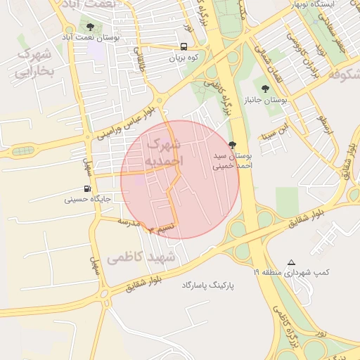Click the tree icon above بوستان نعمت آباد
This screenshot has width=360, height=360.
[89, 27]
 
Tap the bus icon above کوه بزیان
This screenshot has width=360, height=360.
[184, 48]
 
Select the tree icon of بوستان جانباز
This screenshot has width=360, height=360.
[264, 89]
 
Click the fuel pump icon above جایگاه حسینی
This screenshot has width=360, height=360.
[87, 188]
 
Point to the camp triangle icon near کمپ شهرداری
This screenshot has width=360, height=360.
[292, 262]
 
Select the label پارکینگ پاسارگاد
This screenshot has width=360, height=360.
[207, 285]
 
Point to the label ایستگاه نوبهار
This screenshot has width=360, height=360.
[331, 4]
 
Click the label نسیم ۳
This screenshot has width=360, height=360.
[159, 228]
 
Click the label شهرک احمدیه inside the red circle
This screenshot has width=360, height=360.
[163, 153]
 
